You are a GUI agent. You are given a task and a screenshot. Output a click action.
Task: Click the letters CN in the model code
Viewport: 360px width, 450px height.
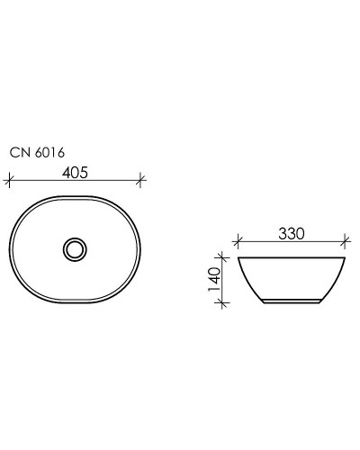pyautogui.click(x=21, y=153)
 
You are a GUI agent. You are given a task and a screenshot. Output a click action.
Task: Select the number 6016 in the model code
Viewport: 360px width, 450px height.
pyautogui.click(x=49, y=153)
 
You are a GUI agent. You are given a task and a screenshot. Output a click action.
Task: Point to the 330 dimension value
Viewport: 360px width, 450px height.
pyautogui.click(x=290, y=234)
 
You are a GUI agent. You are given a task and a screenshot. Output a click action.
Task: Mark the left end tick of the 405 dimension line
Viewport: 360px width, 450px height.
pyautogui.click(x=8, y=181)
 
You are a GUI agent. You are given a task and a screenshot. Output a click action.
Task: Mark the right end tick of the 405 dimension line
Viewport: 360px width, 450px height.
pyautogui.click(x=141, y=181)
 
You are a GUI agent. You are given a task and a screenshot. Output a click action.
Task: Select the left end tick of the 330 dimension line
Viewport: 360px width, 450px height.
pyautogui.click(x=237, y=241)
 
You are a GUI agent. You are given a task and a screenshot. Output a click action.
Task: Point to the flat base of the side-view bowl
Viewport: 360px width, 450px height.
pyautogui.click(x=291, y=302)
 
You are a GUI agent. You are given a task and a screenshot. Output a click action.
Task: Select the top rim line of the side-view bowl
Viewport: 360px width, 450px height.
pyautogui.click(x=291, y=257)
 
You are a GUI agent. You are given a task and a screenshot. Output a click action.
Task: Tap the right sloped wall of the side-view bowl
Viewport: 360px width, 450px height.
pyautogui.click(x=334, y=282)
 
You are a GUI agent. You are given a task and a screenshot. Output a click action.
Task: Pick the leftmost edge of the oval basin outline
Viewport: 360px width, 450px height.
pyautogui.click(x=10, y=247)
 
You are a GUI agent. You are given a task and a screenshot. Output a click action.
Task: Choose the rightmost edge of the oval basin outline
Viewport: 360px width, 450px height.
pyautogui.click(x=140, y=247)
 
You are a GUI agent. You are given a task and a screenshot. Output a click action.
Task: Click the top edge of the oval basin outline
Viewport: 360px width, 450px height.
pyautogui.click(x=75, y=195)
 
